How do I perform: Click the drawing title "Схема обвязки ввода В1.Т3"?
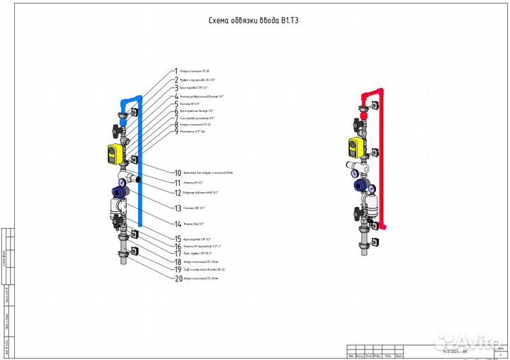tap(254, 22)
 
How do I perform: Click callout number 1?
tap(176, 72)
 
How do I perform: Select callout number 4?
tap(176, 96)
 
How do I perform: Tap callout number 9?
tap(176, 132)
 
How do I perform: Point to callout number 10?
tap(178, 172)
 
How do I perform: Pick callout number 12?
tap(178, 192)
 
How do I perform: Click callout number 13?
tap(178, 208)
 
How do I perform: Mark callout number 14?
tap(178, 224)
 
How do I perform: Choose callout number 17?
tap(178, 253)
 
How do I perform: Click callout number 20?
tap(178, 279)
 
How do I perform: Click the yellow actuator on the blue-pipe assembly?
tap(115, 152)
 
